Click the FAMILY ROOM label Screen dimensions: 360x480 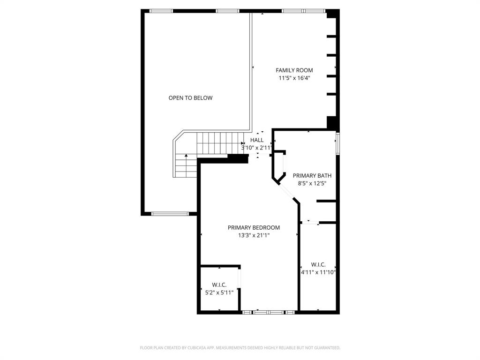point(294,70)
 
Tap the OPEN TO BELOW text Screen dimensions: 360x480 point(190,98)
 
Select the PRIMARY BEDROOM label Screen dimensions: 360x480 point(254,228)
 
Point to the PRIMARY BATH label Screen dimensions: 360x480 point(309,176)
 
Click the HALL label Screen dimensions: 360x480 point(256,140)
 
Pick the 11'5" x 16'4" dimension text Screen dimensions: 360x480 point(294,78)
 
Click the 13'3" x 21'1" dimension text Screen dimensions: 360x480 point(254,236)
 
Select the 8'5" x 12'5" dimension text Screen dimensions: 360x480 point(309,184)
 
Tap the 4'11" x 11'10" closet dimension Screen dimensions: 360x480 point(318,272)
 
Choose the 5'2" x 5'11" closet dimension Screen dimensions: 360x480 point(219,292)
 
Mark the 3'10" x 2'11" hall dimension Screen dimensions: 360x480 point(256,148)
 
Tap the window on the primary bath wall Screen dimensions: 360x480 point(337,143)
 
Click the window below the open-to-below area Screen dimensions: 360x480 point(170,214)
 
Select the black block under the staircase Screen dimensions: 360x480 point(238,158)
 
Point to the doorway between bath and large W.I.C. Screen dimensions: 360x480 point(309,222)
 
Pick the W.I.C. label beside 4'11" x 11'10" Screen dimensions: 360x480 point(318,264)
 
